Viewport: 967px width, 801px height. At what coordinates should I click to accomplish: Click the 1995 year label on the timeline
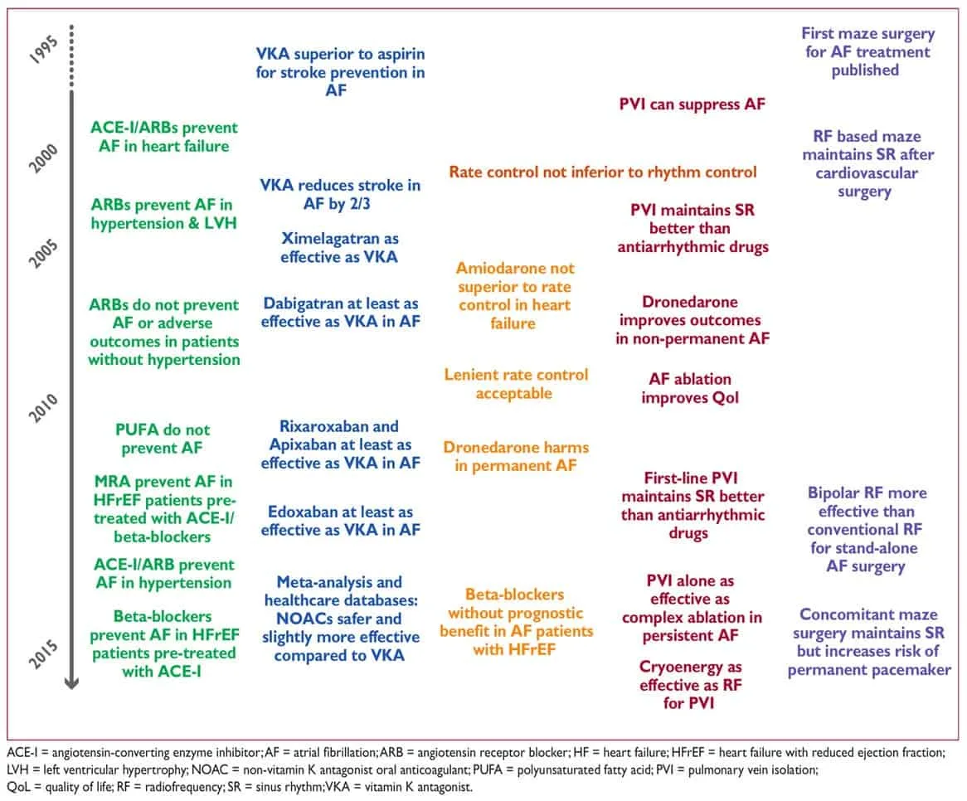click(44, 50)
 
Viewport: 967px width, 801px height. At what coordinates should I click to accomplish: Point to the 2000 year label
click(44, 158)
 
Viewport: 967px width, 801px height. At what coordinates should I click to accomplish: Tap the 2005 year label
click(44, 254)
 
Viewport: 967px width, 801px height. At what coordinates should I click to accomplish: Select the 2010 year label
click(44, 408)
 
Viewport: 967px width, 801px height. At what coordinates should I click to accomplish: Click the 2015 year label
click(44, 654)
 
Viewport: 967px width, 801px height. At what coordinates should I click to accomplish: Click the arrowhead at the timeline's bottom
click(71, 682)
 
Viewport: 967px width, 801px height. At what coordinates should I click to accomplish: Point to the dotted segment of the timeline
click(71, 56)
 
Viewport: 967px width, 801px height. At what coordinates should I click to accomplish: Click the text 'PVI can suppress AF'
click(692, 104)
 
